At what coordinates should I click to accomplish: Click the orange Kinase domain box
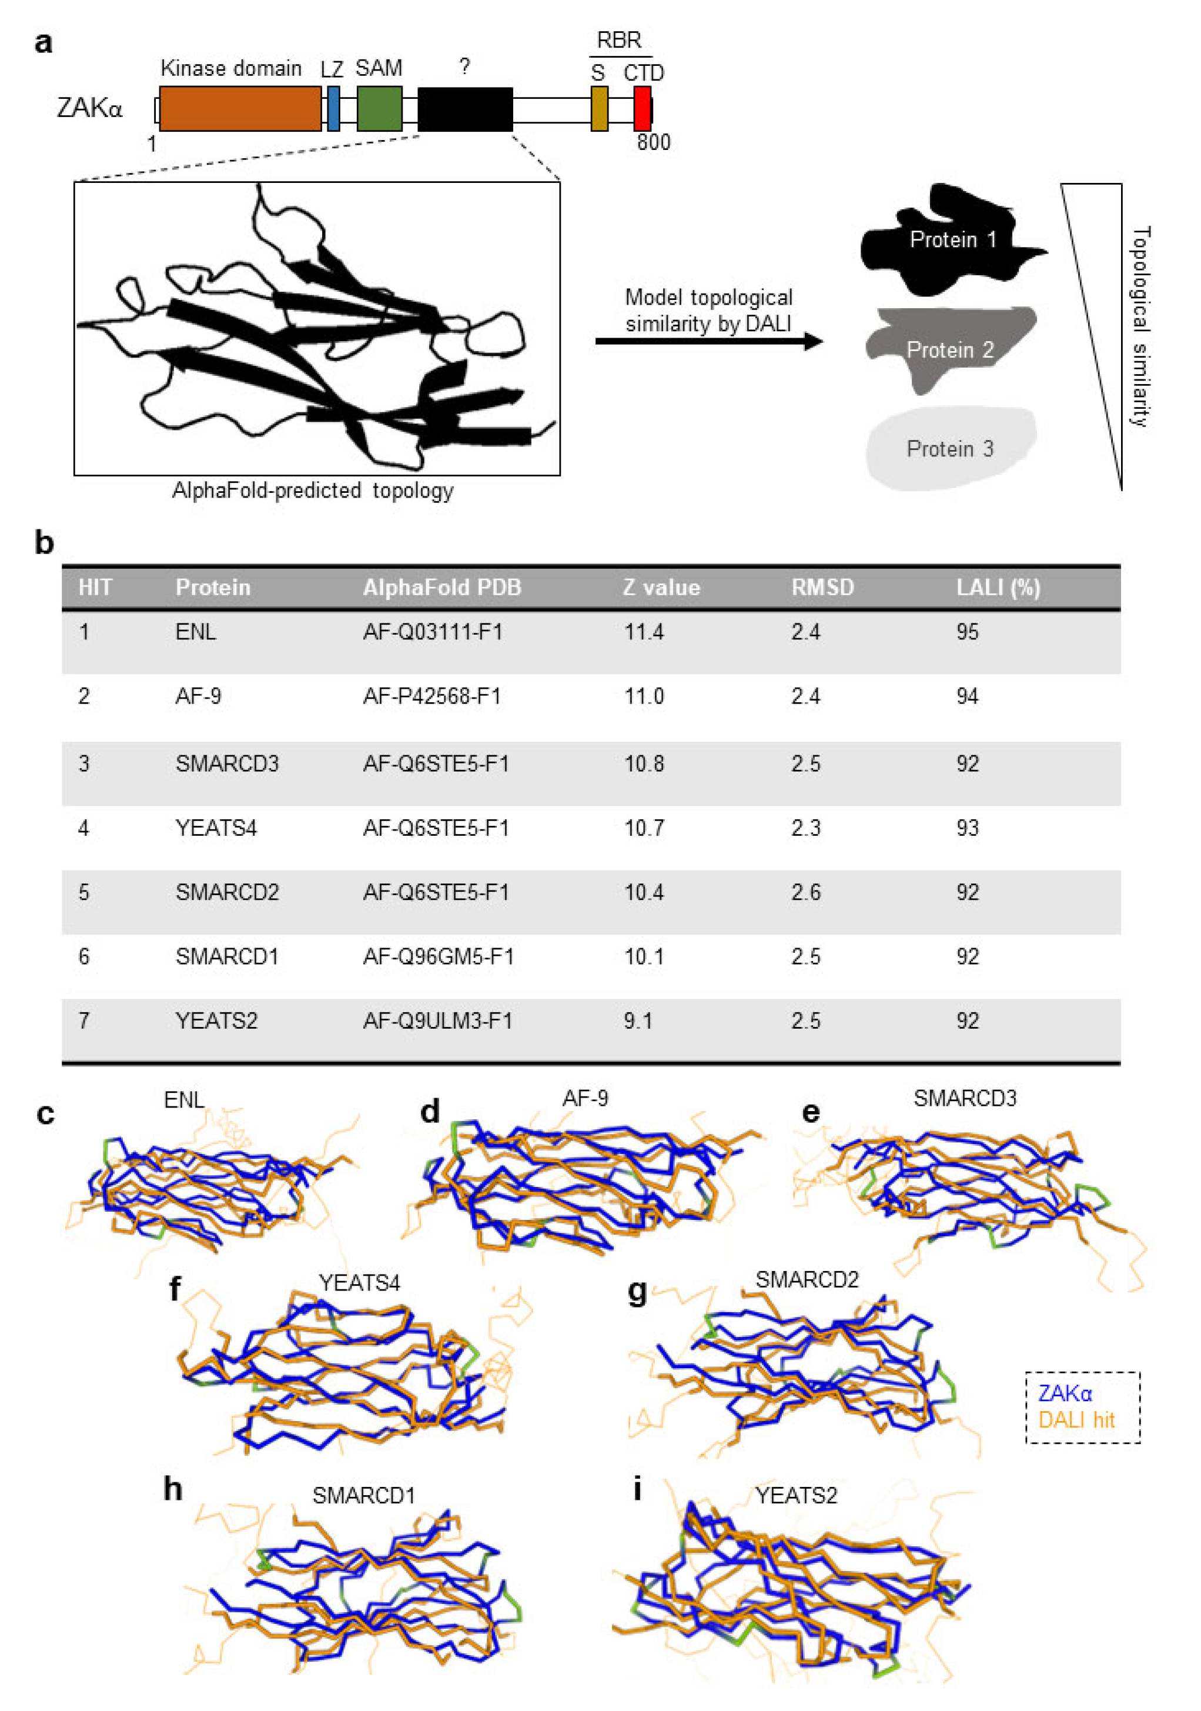[240, 109]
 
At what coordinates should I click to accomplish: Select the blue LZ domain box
[333, 109]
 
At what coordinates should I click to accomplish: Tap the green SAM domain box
[379, 109]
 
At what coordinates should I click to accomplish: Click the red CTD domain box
[641, 109]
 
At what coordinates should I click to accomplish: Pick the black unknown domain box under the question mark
[465, 109]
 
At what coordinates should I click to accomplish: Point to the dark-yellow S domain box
[599, 109]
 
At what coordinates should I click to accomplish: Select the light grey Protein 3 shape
[949, 449]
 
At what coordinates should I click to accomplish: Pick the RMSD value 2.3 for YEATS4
[805, 828]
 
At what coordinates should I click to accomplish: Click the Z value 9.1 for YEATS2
[638, 1020]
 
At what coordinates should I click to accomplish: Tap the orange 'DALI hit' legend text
[1076, 1420]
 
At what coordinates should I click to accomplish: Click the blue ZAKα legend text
[1065, 1393]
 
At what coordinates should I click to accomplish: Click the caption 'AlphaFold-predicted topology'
[312, 491]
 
